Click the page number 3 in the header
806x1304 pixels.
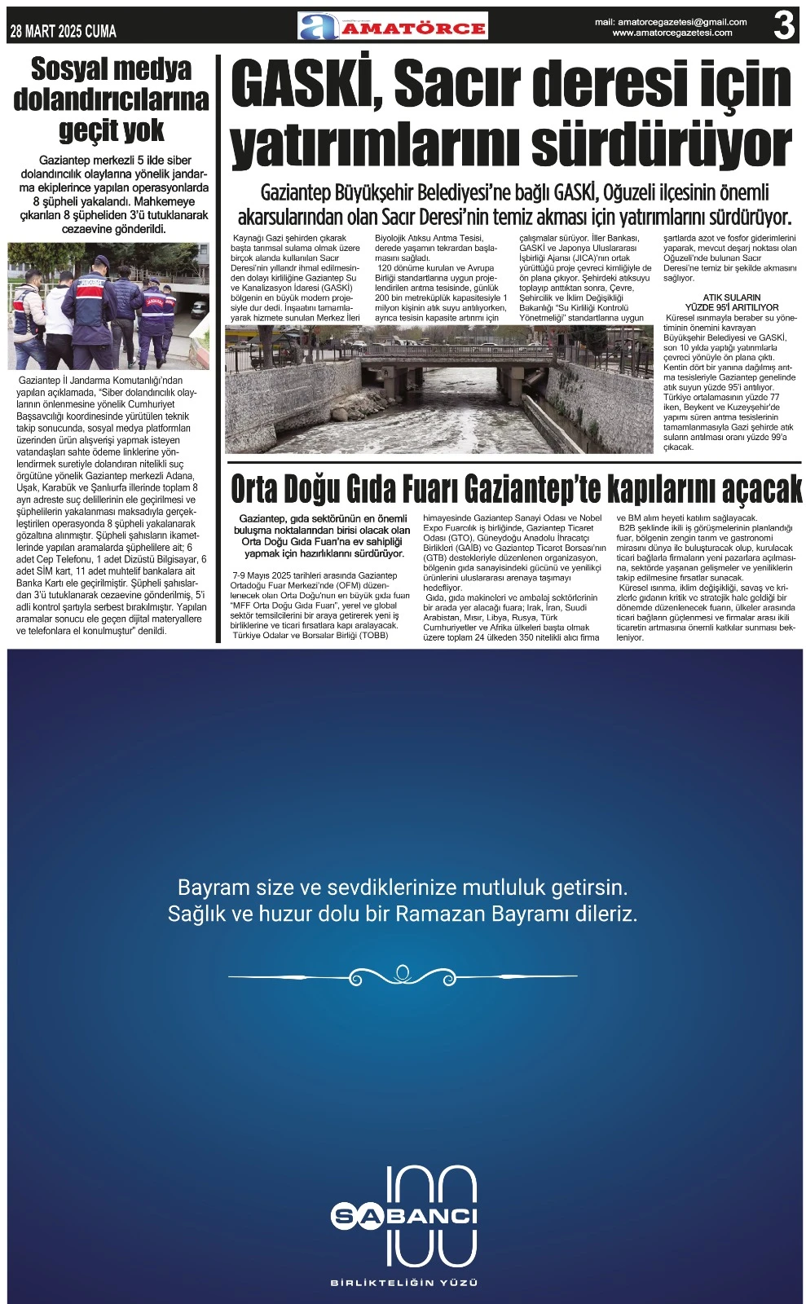783,25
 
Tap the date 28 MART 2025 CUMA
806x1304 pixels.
64,32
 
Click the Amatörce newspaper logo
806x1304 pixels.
393,27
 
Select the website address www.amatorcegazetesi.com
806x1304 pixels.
672,33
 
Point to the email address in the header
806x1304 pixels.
671,22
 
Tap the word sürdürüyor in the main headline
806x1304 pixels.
661,146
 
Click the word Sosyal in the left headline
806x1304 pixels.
70,70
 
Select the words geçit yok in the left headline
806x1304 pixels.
111,130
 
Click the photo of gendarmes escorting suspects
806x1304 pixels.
108,306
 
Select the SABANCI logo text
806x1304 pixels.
404,1216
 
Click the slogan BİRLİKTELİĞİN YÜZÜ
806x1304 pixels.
404,1283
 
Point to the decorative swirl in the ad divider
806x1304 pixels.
403,976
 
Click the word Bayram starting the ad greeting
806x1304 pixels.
213,887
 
